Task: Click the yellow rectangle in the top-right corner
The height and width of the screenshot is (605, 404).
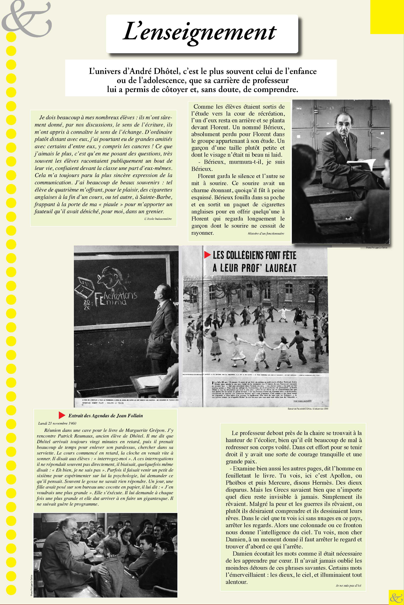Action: [x=387, y=17]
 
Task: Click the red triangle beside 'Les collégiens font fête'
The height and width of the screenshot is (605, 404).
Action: [x=207, y=255]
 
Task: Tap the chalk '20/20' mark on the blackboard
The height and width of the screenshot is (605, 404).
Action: [x=87, y=304]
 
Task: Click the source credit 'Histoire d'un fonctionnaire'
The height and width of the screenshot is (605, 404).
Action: [x=266, y=234]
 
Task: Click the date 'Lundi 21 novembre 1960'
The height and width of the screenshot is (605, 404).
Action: [x=57, y=423]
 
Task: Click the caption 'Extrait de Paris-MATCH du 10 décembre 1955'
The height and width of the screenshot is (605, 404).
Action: [x=308, y=409]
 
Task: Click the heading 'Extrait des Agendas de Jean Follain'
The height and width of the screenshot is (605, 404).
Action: [x=105, y=416]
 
